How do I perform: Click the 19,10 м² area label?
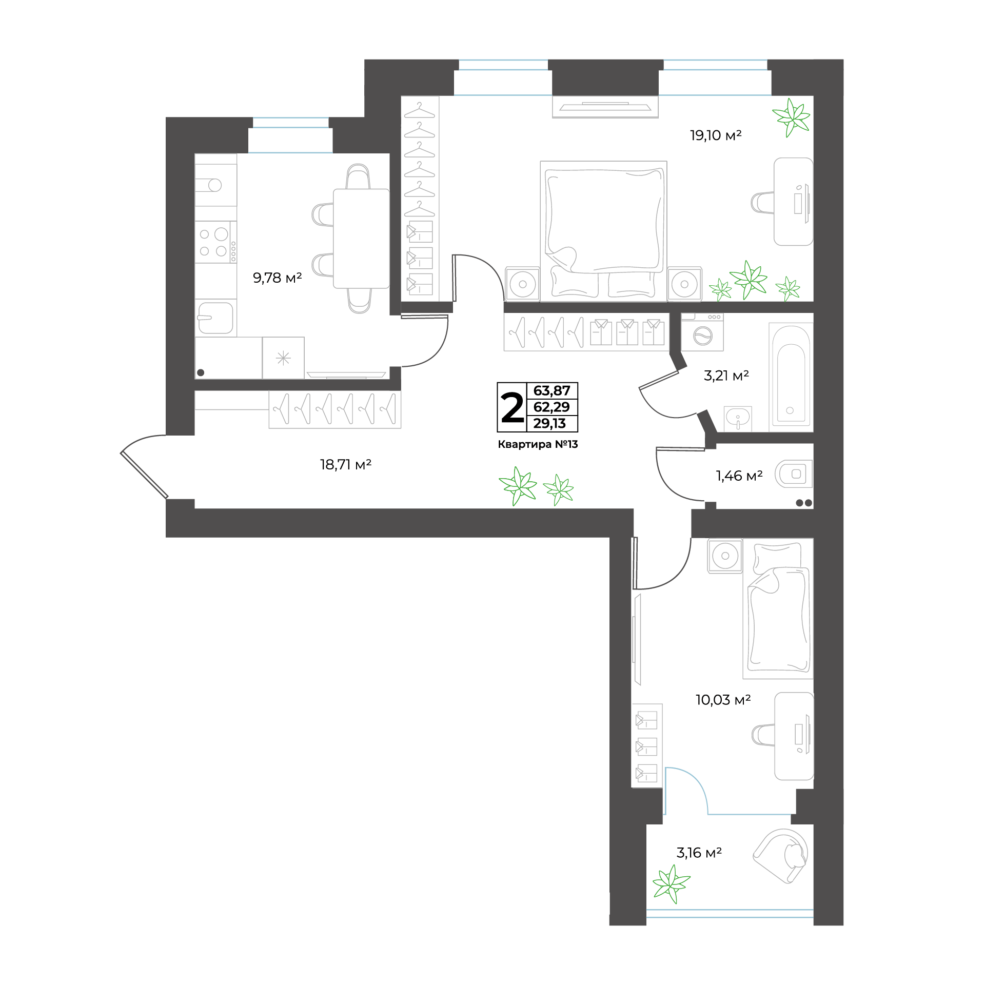click(x=716, y=135)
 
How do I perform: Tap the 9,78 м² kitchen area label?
click(x=277, y=278)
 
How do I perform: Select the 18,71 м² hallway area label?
click(x=345, y=465)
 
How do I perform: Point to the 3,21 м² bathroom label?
click(x=726, y=376)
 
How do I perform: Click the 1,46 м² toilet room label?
click(x=739, y=476)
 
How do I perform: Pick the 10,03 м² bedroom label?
click(x=723, y=700)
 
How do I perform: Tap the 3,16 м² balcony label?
click(x=699, y=853)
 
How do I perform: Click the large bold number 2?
click(x=512, y=407)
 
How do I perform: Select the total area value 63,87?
click(x=552, y=390)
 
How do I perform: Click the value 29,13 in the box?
click(x=549, y=423)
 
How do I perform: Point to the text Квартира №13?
click(x=538, y=444)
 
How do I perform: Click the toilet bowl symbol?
click(x=793, y=474)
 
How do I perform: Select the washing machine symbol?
click(x=702, y=332)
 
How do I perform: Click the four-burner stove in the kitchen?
click(x=216, y=242)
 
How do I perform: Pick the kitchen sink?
click(x=215, y=318)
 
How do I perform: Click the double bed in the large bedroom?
click(x=604, y=231)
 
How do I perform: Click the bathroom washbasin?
click(x=738, y=418)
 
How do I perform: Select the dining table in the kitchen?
click(x=361, y=239)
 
